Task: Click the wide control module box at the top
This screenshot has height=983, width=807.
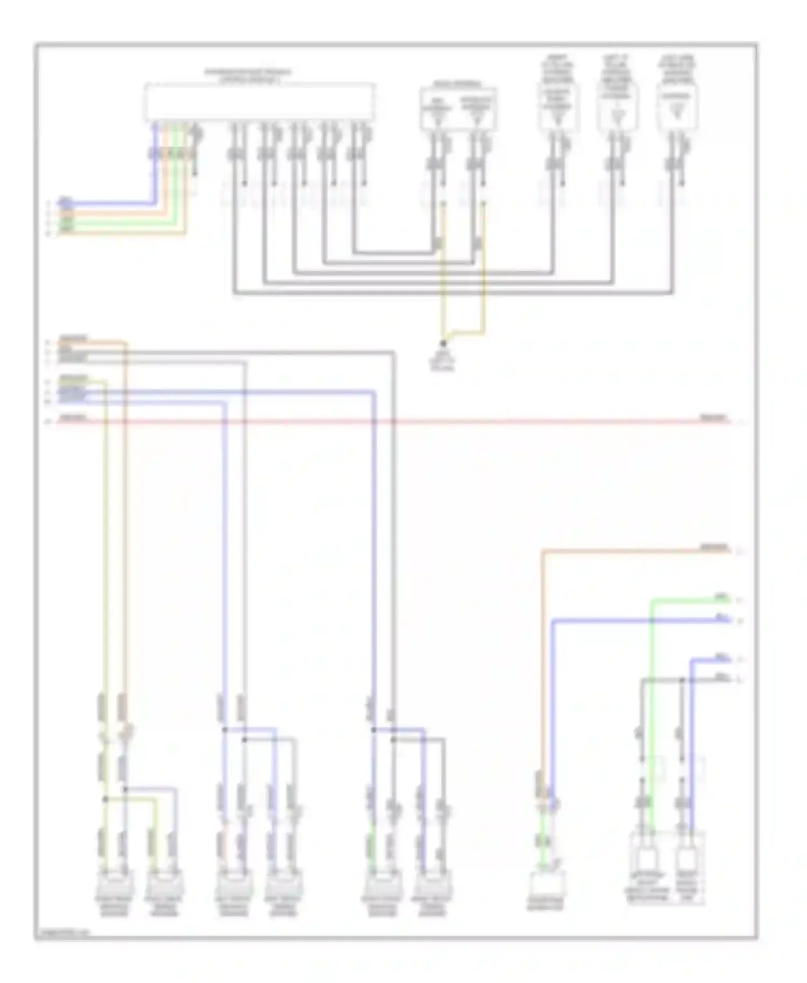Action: click(259, 102)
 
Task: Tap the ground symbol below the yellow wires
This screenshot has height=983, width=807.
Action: click(443, 345)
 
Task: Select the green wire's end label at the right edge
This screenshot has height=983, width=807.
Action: click(721, 597)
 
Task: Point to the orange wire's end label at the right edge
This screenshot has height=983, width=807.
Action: click(714, 548)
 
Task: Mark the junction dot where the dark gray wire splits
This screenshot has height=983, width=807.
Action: click(682, 681)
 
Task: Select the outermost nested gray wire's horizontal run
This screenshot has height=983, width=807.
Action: click(452, 293)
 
